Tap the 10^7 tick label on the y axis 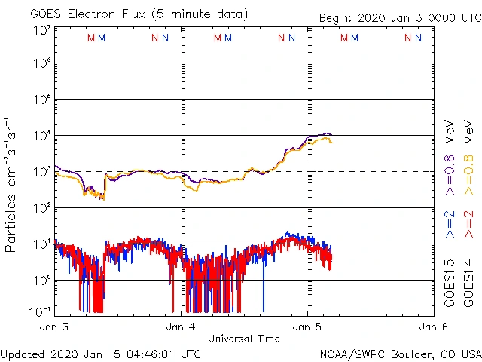(x=41, y=30)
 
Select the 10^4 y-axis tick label (x=41, y=136)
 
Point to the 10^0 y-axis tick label (x=41, y=280)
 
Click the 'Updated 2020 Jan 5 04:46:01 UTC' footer (x=101, y=353)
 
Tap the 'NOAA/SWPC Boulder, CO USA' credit (x=400, y=353)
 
